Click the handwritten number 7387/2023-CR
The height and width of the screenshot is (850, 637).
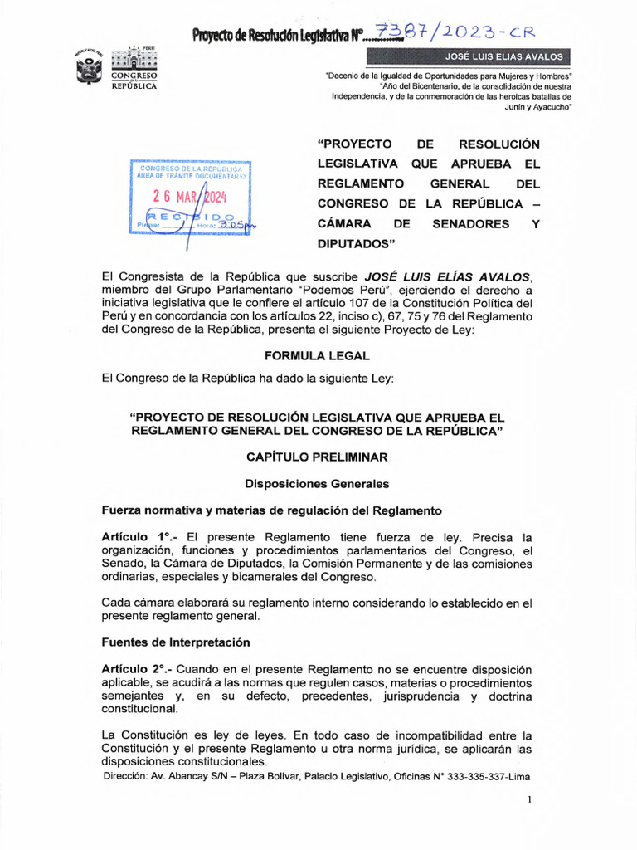pos(455,32)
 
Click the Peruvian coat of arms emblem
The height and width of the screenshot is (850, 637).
pos(89,66)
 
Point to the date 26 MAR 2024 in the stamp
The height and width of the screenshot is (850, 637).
pos(190,197)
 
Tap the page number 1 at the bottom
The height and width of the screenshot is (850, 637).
pos(528,799)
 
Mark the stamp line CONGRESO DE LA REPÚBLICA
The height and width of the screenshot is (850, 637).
pos(190,169)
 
